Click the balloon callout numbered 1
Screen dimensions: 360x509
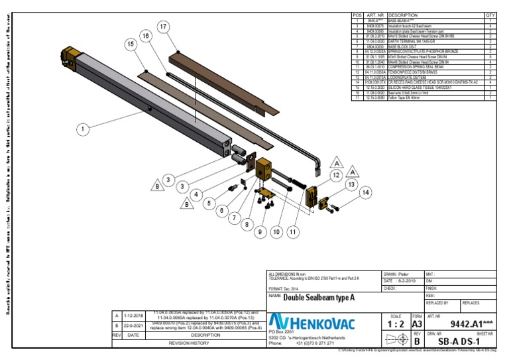tap(82, 130)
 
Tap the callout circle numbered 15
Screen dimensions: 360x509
tap(131, 43)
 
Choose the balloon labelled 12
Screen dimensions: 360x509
tap(337, 174)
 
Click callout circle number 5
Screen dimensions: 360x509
tap(210, 204)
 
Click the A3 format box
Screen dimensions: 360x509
tap(417, 326)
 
